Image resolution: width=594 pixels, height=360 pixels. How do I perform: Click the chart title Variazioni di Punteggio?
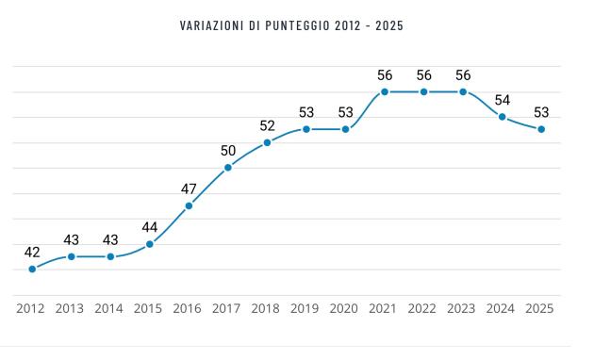pyautogui.click(x=290, y=25)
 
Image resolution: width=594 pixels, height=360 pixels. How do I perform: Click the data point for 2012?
pyautogui.click(x=32, y=269)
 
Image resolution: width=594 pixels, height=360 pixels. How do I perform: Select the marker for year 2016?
pyautogui.click(x=189, y=205)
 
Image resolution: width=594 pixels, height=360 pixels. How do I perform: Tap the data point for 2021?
pyautogui.click(x=385, y=91)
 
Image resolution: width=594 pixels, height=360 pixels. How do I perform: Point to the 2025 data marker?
pyautogui.click(x=541, y=129)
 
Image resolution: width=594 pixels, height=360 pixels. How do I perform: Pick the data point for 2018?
pyautogui.click(x=267, y=142)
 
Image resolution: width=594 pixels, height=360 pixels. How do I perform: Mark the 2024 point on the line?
pyautogui.click(x=503, y=117)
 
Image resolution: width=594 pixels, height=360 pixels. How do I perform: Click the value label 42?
pyautogui.click(x=32, y=252)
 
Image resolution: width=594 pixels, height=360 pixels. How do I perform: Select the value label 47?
pyautogui.click(x=189, y=188)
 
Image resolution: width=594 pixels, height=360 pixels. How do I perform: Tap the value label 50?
pyautogui.click(x=228, y=151)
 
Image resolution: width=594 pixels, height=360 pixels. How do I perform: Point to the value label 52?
pyautogui.click(x=267, y=125)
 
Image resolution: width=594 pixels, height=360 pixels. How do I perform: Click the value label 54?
pyautogui.click(x=503, y=100)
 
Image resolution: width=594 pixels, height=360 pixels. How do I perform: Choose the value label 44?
pyautogui.click(x=149, y=227)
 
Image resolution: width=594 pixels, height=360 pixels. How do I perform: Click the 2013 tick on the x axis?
pyautogui.click(x=70, y=308)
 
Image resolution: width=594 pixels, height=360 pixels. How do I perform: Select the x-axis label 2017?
pyautogui.click(x=226, y=308)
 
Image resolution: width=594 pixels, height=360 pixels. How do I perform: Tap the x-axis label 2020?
pyautogui.click(x=344, y=308)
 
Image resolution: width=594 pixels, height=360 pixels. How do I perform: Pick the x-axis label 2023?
pyautogui.click(x=462, y=308)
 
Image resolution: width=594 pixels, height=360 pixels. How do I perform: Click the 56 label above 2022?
pyautogui.click(x=424, y=75)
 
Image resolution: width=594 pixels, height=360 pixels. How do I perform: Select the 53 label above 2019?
pyautogui.click(x=306, y=112)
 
